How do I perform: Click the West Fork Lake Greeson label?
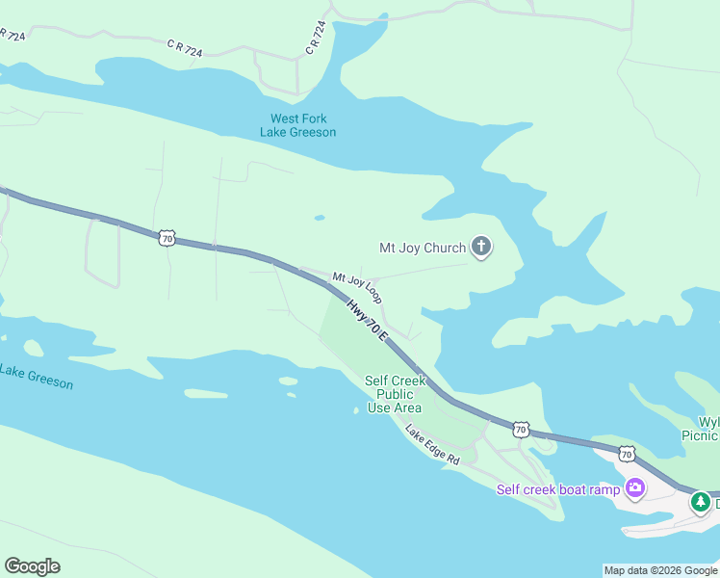pyautogui.click(x=297, y=125)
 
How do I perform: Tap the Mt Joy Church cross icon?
pyautogui.click(x=481, y=249)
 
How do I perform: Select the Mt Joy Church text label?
pyautogui.click(x=422, y=249)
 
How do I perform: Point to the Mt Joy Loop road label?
pyautogui.click(x=356, y=287)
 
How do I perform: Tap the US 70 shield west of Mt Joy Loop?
pyautogui.click(x=167, y=237)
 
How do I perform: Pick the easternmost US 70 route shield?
pyautogui.click(x=627, y=453)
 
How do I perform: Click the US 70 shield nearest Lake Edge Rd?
pyautogui.click(x=520, y=428)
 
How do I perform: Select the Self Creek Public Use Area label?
pyautogui.click(x=395, y=394)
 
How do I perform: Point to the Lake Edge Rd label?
pyautogui.click(x=432, y=446)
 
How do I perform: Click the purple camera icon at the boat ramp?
pyautogui.click(x=634, y=488)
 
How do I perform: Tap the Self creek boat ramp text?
pyautogui.click(x=558, y=489)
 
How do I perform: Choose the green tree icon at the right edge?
pyautogui.click(x=702, y=502)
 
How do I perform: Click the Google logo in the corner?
pyautogui.click(x=32, y=566)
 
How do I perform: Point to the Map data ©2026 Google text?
pyautogui.click(x=659, y=570)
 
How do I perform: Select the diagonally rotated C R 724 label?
pyautogui.click(x=316, y=38)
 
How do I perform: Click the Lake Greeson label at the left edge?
pyautogui.click(x=36, y=377)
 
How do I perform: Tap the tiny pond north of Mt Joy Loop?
pyautogui.click(x=319, y=217)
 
